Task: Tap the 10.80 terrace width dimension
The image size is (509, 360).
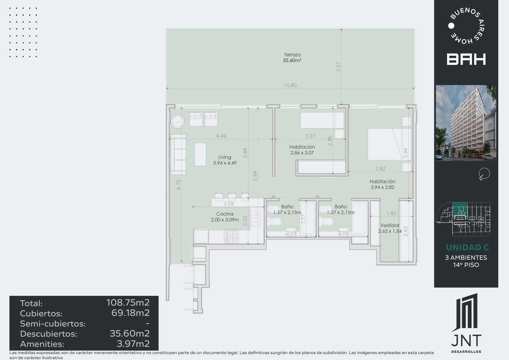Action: click(290, 85)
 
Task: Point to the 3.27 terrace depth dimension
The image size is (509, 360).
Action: click(338, 67)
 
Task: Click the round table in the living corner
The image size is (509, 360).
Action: click(178, 122)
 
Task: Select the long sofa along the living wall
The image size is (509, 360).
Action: click(178, 155)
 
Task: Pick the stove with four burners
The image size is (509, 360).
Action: click(231, 236)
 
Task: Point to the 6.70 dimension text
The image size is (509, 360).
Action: click(178, 185)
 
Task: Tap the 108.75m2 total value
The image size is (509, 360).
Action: click(128, 302)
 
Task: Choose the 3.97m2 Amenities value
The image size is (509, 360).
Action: click(133, 344)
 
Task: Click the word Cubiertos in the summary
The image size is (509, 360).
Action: click(41, 314)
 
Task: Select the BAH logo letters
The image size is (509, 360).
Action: click(466, 59)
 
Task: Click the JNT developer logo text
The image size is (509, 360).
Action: click(466, 341)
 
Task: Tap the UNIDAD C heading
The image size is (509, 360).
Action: click(467, 247)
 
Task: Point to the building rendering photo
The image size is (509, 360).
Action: click(466, 123)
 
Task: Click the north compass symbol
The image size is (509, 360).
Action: click(484, 174)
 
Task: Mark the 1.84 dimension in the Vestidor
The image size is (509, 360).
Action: click(392, 213)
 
